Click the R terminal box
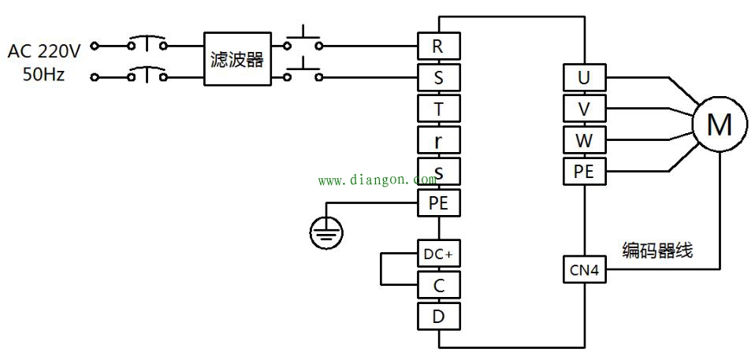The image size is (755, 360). click(x=438, y=46)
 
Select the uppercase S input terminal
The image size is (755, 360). click(x=438, y=78)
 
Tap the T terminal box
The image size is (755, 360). click(x=438, y=109)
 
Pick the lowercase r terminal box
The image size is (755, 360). click(x=438, y=140)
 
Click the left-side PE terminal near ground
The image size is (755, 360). click(x=438, y=203)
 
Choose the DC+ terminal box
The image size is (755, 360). click(x=438, y=255)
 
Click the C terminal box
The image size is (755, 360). click(x=438, y=285)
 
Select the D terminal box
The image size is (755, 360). click(x=438, y=316)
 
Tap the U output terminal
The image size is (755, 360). click(x=583, y=78)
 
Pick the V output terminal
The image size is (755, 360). click(x=583, y=109)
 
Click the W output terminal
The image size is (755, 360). click(x=583, y=140)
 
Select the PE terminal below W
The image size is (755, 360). click(x=583, y=171)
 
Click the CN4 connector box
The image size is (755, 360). click(x=584, y=270)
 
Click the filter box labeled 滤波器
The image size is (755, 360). click(x=236, y=59)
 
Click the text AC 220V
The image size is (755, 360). click(x=44, y=52)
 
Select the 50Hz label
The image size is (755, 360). click(x=45, y=76)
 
